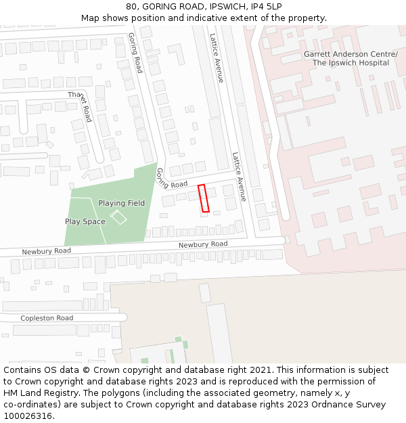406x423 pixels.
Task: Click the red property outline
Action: coord(203,198)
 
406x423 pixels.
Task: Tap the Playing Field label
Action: coord(122,203)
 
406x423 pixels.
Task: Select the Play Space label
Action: coord(85,221)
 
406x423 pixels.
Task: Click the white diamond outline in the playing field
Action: coord(118,217)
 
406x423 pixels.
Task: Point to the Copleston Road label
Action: coord(47,318)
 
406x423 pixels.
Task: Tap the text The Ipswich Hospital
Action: coord(351,63)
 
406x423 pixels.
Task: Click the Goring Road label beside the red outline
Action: coord(172,179)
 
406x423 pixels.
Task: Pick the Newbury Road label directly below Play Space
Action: coord(46,251)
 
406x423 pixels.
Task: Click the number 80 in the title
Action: coord(131,7)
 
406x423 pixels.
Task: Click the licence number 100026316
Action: coord(28,416)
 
